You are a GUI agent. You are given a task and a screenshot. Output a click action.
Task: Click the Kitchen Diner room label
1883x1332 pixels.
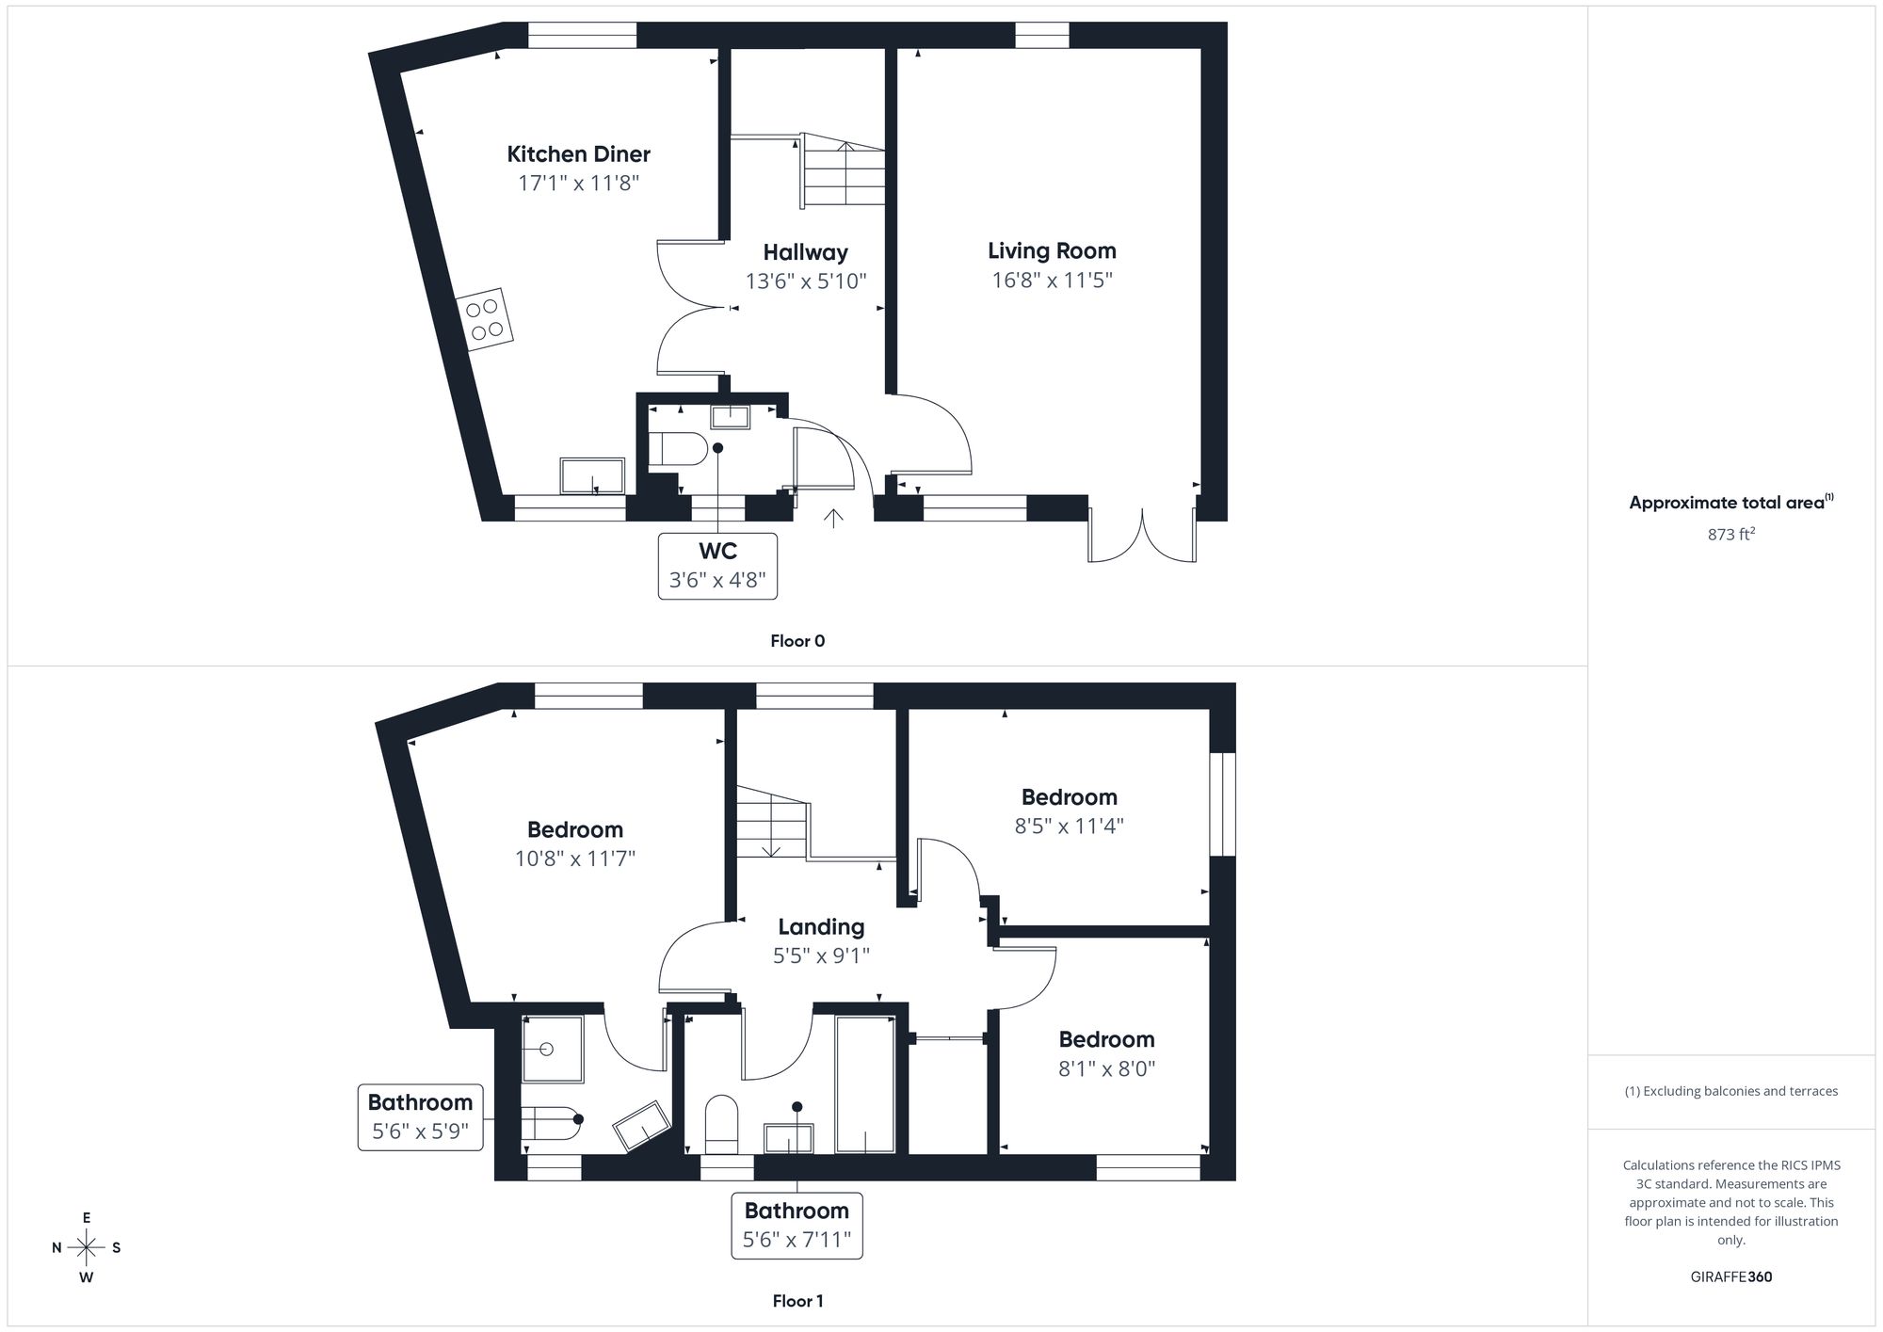(578, 154)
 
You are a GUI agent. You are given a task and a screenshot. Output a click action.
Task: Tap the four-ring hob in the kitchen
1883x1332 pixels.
(486, 319)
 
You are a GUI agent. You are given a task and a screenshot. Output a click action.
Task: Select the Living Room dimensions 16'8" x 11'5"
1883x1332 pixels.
(1052, 280)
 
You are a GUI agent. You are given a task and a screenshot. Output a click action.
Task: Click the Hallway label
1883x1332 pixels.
(805, 252)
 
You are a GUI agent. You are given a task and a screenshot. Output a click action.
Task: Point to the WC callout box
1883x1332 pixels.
(717, 566)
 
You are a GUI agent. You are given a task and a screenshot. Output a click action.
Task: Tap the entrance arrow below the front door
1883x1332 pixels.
(833, 518)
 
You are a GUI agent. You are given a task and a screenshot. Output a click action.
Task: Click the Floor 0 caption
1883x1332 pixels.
(797, 641)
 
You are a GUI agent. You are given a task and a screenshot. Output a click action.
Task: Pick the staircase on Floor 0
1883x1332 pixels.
(844, 172)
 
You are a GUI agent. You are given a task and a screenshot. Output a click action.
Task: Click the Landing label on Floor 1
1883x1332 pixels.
(821, 927)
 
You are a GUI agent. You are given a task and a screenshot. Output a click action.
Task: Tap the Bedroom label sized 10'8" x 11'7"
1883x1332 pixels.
(574, 830)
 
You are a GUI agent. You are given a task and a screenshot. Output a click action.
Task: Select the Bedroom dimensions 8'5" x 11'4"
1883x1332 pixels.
(1069, 826)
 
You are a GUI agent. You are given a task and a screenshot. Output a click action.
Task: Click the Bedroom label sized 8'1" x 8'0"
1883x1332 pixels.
(1106, 1040)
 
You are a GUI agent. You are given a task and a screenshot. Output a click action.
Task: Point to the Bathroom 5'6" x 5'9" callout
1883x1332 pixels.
(420, 1116)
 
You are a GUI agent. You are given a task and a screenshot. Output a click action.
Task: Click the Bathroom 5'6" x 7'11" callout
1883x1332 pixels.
(797, 1225)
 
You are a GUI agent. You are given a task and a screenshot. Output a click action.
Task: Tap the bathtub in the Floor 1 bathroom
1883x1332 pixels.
(865, 1084)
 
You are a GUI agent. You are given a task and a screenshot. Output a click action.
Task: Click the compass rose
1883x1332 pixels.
(87, 1248)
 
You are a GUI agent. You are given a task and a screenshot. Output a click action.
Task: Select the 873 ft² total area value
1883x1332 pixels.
(1730, 535)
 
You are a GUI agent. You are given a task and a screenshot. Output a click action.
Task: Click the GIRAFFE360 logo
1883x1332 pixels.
(1730, 1277)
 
